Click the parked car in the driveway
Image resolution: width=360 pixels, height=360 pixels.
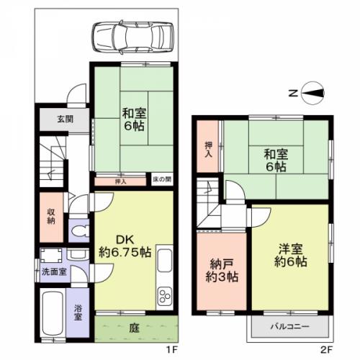tap(132, 37)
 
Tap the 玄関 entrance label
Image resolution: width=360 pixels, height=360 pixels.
tap(66, 119)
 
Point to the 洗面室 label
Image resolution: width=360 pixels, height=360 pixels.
tap(54, 271)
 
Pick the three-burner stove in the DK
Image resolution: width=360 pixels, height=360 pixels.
tap(165, 297)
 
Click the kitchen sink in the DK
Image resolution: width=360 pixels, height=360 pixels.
tap(165, 261)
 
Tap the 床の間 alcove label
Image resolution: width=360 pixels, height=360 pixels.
tap(162, 179)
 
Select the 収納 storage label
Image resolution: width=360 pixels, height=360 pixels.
tap(51, 216)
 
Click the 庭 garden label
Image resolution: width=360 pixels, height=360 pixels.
tap(134, 328)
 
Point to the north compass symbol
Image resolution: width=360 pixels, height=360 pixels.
tap(313, 93)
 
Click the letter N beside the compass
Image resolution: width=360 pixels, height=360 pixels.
tap(293, 93)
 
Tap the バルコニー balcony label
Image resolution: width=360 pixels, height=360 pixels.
tap(290, 326)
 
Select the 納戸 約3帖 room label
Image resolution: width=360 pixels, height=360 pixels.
tap(222, 271)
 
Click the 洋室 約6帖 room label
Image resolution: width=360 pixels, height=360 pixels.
tap(291, 256)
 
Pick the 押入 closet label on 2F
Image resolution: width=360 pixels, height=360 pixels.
tap(209, 149)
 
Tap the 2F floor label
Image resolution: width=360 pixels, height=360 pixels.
tap(327, 350)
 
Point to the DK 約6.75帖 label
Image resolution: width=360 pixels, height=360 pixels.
tap(125, 246)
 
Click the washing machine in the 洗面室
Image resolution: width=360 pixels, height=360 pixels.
tap(51, 256)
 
